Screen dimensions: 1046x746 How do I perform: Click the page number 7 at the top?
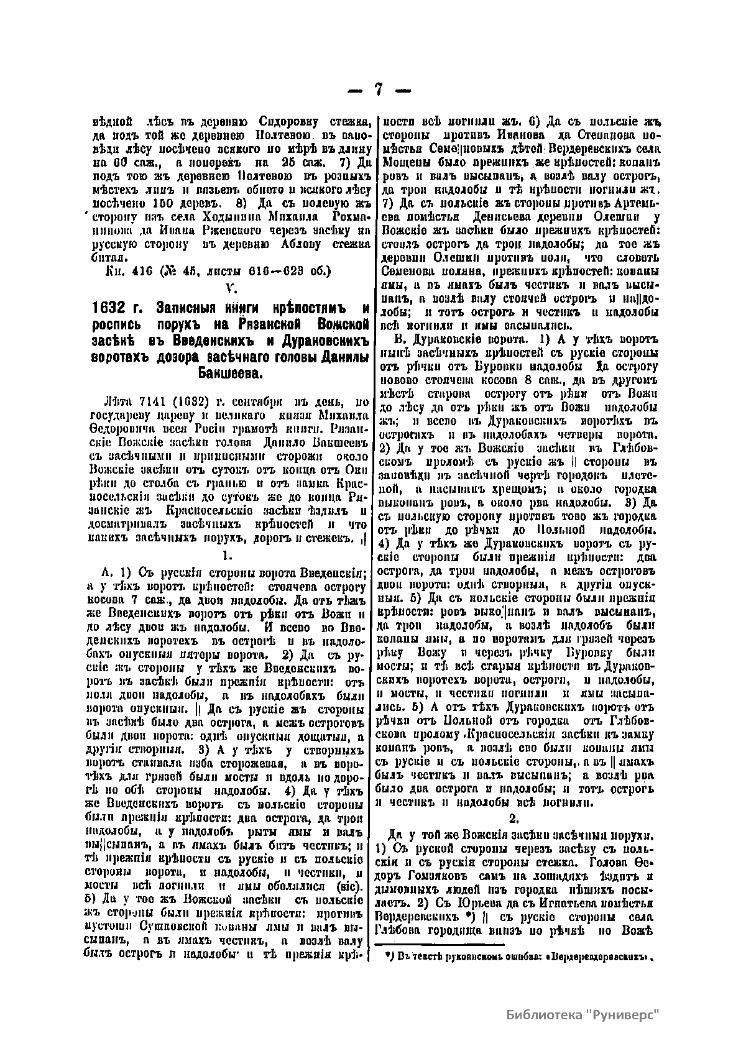click(x=378, y=89)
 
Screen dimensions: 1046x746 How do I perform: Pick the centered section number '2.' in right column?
click(x=513, y=819)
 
